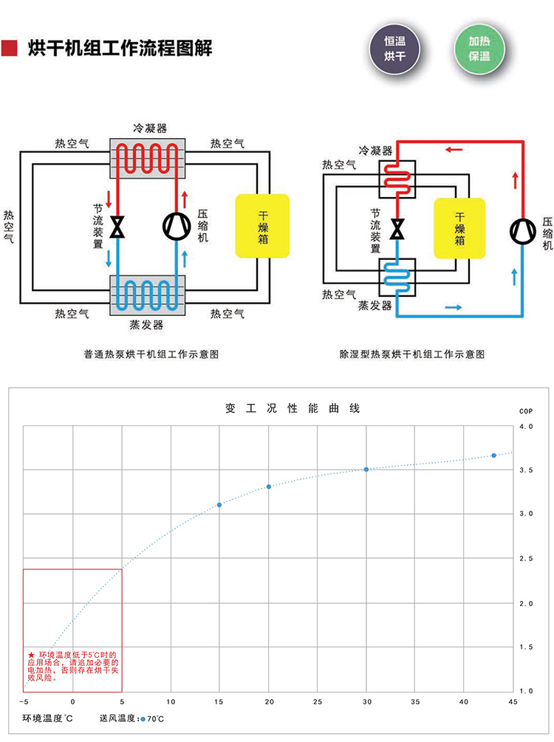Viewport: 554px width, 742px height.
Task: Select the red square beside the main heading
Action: point(10,49)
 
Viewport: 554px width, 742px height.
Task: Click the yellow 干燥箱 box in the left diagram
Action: point(262,225)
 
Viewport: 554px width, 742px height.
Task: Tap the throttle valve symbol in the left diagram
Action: point(117,227)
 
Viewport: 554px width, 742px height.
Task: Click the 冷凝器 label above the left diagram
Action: point(149,128)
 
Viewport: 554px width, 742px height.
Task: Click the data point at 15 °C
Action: point(219,505)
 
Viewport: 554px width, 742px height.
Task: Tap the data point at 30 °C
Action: point(366,470)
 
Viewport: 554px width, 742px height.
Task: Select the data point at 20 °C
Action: point(268,487)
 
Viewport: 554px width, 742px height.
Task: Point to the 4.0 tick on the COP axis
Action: point(526,427)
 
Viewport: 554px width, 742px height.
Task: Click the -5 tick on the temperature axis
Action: point(24,700)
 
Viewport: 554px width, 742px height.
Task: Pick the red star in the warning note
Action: point(31,655)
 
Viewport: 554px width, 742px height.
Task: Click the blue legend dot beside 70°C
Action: point(143,718)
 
